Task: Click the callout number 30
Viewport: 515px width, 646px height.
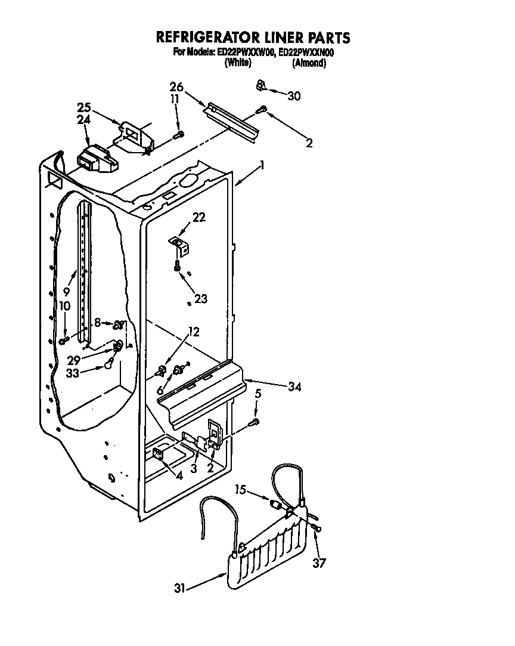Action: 294,95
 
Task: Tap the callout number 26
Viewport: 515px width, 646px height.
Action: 176,86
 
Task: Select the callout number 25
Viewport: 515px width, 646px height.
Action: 84,108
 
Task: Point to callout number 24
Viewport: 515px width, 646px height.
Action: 84,120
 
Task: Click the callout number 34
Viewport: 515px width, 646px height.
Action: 294,387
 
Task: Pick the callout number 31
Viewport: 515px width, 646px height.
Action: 179,588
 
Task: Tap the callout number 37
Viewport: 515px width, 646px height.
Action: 319,562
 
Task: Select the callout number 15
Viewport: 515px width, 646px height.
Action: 240,491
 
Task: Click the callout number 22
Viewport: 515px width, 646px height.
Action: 198,218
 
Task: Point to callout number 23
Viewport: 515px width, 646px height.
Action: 200,299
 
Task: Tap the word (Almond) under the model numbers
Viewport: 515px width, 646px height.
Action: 309,63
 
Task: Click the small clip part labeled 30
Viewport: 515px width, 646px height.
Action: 260,86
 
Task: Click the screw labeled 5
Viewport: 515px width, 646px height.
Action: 255,422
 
